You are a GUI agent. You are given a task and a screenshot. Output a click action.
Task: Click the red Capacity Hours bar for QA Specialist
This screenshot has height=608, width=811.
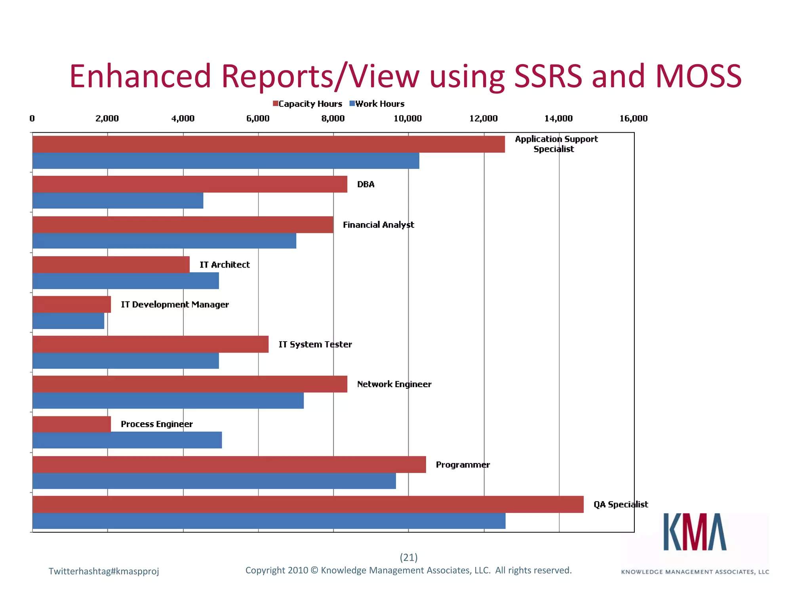pos(308,504)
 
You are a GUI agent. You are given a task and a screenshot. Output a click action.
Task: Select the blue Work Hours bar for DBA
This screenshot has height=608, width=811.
pos(118,201)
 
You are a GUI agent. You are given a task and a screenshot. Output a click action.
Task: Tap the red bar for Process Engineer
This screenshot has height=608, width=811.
pos(72,424)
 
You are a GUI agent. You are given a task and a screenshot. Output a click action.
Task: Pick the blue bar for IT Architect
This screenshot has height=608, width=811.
pos(126,281)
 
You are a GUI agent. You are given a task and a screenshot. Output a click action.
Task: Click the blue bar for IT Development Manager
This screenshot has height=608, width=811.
pos(68,321)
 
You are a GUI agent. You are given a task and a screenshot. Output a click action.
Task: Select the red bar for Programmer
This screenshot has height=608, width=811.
pos(229,464)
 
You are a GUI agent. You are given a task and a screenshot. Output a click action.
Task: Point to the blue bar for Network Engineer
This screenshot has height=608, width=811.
pos(168,401)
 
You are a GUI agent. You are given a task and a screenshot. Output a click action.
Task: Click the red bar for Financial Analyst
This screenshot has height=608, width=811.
pos(183,224)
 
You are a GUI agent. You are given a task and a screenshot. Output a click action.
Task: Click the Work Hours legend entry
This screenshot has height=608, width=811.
pos(377,104)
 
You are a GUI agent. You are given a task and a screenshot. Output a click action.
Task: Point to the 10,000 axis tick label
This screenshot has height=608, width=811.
pos(407,118)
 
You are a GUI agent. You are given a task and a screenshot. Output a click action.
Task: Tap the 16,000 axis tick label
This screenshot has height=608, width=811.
pos(633,118)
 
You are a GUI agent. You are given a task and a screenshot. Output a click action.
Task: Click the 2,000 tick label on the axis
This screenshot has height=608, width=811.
pos(107,118)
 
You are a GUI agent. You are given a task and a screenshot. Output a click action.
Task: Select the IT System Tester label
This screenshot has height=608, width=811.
pos(315,344)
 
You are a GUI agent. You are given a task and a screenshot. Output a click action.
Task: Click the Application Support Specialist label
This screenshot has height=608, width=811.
pos(556,144)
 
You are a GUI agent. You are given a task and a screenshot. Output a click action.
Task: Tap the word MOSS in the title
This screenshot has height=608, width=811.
pos(698,76)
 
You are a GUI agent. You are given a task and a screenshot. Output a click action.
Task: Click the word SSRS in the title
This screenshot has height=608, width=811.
pos(548,76)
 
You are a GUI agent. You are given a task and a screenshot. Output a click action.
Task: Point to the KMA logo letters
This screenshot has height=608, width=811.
pos(695,532)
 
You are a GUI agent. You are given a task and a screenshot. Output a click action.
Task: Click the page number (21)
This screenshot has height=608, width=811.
pos(409,557)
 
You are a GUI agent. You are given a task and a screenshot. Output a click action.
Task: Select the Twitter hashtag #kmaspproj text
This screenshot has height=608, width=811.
pos(104,571)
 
